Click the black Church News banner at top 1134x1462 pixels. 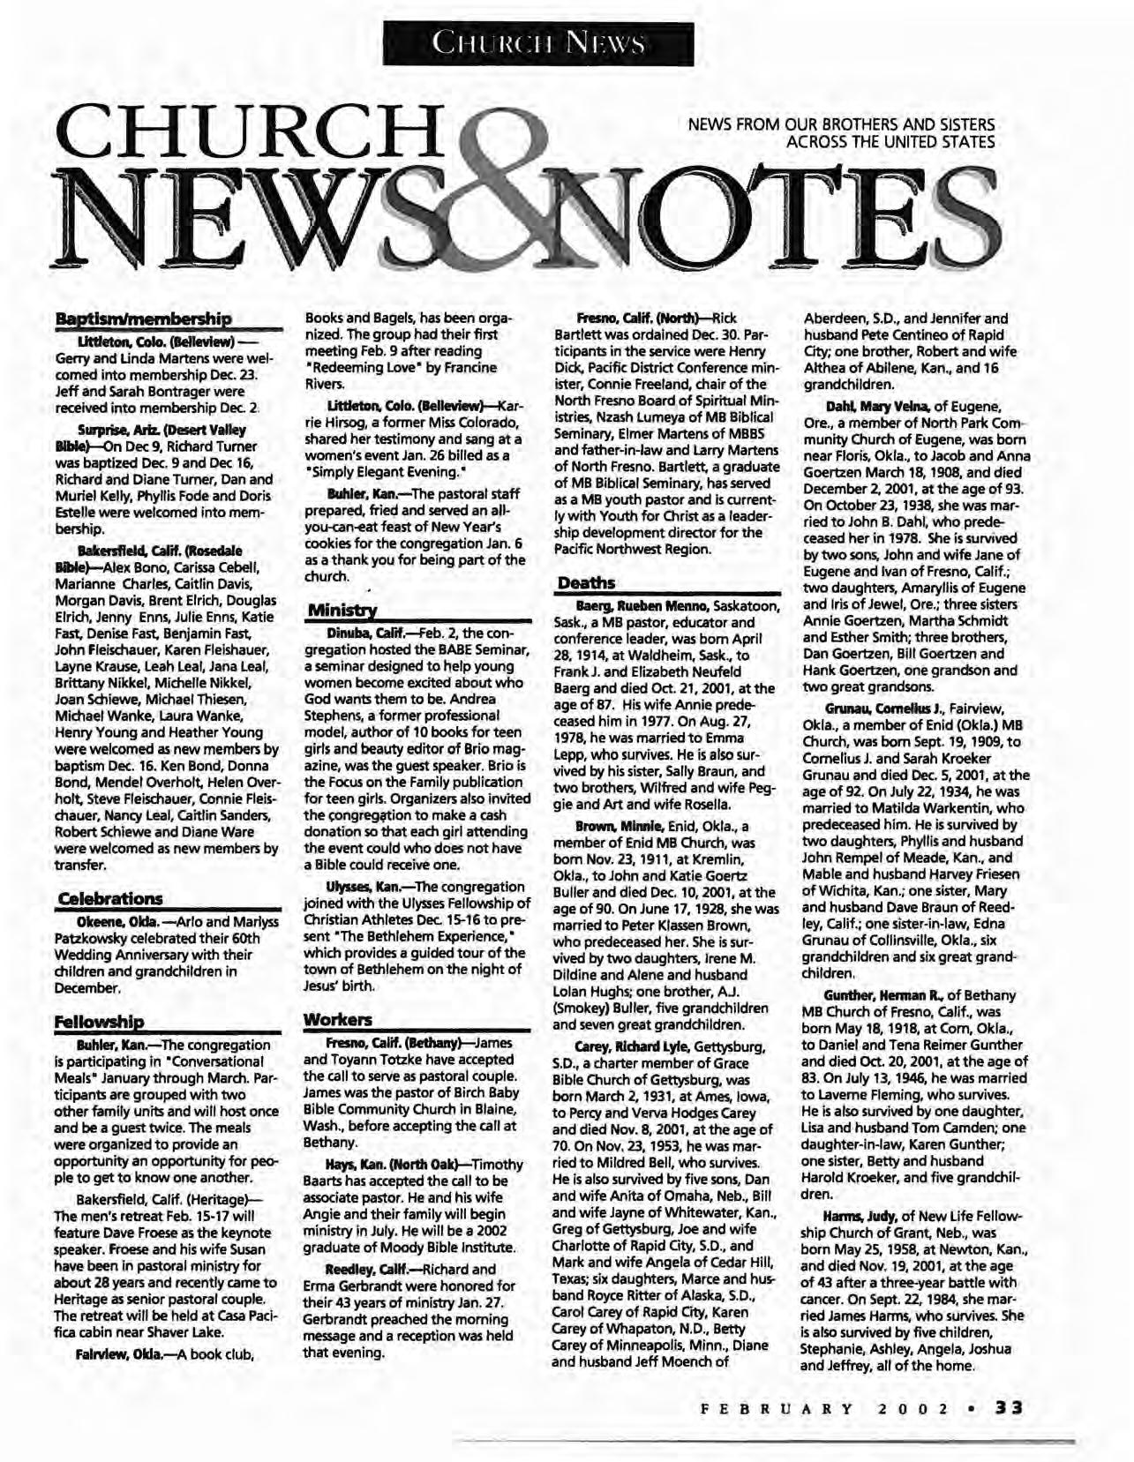pos(538,42)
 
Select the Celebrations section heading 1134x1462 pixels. pos(109,898)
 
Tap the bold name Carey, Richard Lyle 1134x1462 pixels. pos(630,1046)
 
